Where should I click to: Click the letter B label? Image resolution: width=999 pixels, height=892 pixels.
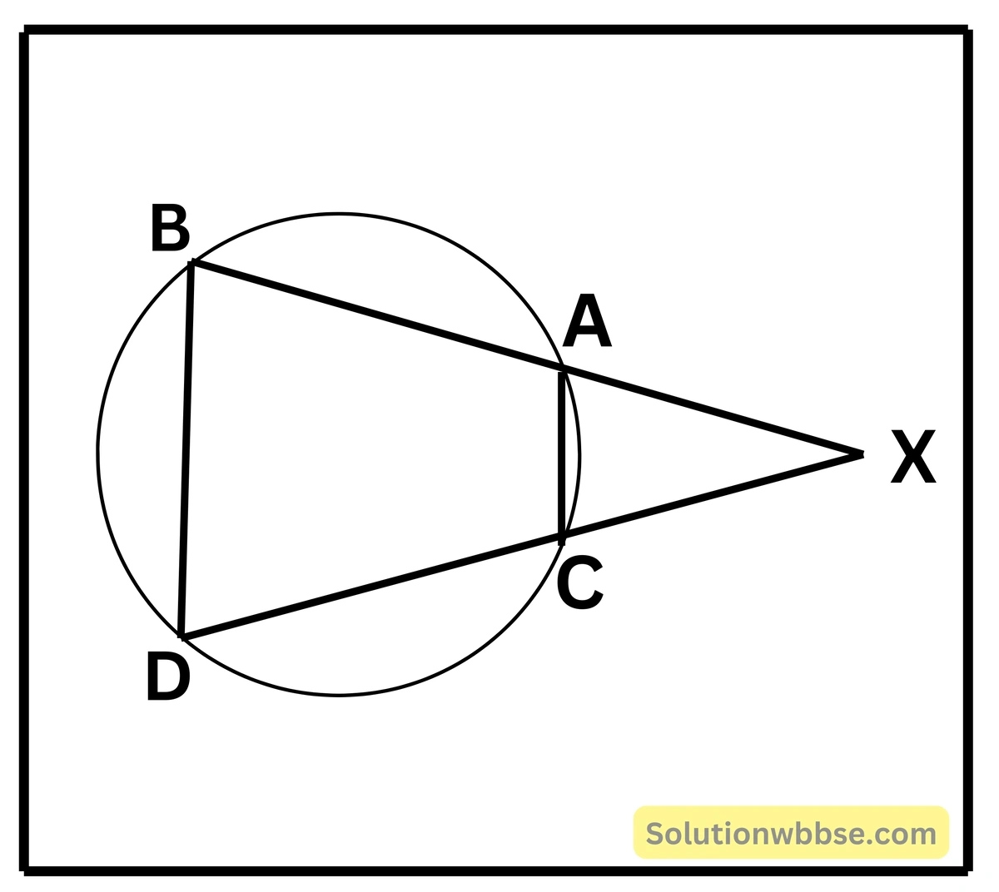tap(171, 227)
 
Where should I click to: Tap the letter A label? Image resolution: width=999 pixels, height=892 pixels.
tap(587, 321)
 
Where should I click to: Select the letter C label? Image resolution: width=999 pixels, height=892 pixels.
tap(580, 582)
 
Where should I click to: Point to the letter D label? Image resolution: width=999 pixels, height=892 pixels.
tap(168, 676)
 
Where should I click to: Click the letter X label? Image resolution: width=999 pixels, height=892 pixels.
tap(913, 456)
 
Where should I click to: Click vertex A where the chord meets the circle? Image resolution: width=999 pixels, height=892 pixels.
tap(564, 368)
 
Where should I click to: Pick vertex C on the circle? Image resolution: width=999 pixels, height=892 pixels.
tap(564, 537)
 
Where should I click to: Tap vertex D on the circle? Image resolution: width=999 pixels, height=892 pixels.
tap(181, 637)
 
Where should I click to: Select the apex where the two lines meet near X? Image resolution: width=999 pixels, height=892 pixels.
tap(862, 454)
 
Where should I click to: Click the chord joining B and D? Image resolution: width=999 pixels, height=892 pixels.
tap(186, 449)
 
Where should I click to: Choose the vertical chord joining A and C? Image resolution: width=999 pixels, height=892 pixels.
tap(561, 453)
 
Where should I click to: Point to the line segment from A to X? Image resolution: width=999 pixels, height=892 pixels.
tap(713, 411)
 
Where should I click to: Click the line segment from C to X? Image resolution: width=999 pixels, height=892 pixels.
tap(713, 495)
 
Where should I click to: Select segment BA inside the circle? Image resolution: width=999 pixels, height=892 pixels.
tap(378, 315)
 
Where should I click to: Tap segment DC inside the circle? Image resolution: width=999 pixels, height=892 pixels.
tap(372, 587)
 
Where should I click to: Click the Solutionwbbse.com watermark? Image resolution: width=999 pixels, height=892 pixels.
tap(791, 833)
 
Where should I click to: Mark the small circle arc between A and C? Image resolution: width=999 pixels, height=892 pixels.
tap(579, 453)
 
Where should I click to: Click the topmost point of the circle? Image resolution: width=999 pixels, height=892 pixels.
tap(339, 215)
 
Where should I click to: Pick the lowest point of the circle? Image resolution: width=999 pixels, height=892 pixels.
tap(339, 695)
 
